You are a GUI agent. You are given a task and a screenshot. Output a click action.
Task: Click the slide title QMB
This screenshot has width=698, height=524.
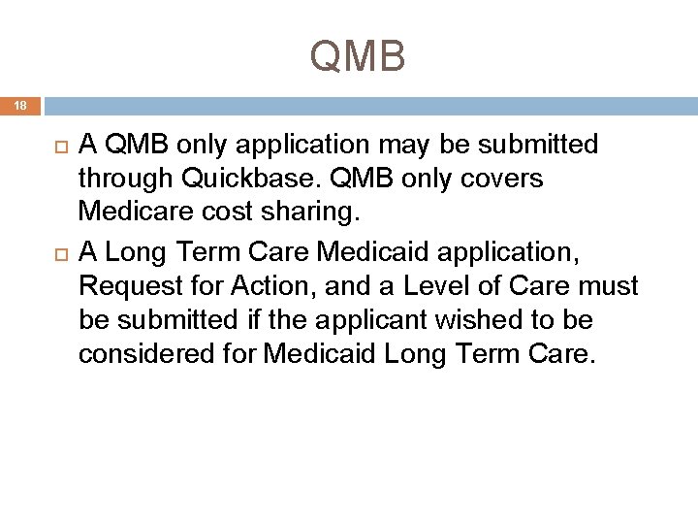click(358, 56)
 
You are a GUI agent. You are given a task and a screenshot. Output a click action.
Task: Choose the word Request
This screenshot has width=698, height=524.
click(127, 286)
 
